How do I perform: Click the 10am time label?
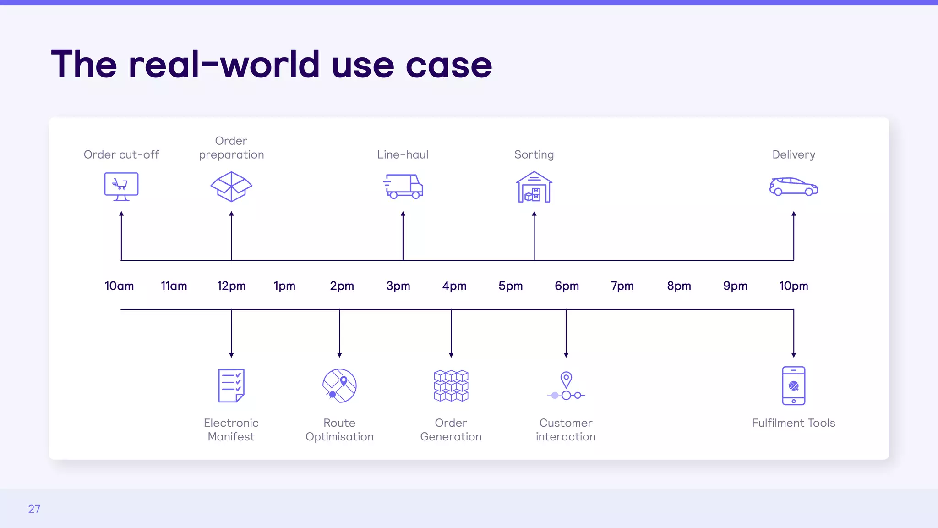(x=119, y=286)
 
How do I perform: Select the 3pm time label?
(x=398, y=286)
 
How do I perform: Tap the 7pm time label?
(x=622, y=286)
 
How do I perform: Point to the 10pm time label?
(x=794, y=286)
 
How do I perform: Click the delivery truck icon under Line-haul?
(x=403, y=187)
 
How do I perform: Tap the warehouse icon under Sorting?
(x=534, y=187)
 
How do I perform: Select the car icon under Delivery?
(x=794, y=187)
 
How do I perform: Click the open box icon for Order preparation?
(x=231, y=187)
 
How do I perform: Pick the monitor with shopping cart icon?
(x=121, y=187)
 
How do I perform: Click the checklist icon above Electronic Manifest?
(x=231, y=385)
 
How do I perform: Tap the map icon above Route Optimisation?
(x=339, y=386)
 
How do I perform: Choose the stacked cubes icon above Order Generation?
(x=451, y=386)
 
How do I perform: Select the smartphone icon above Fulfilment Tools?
(x=794, y=386)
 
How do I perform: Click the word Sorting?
(x=534, y=154)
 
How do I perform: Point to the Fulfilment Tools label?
(x=794, y=423)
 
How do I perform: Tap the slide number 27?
(x=34, y=509)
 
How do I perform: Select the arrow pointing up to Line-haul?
(x=403, y=236)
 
